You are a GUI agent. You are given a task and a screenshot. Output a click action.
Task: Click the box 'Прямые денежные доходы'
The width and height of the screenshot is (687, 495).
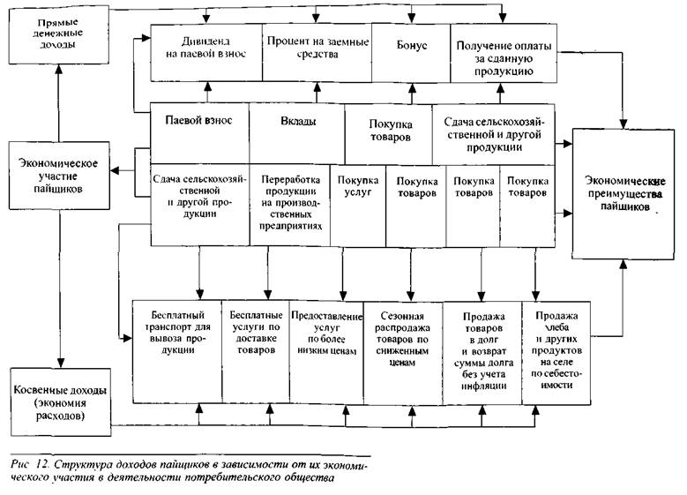(x=59, y=34)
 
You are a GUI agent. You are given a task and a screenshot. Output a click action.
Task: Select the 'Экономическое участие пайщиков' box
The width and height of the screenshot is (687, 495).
(x=59, y=176)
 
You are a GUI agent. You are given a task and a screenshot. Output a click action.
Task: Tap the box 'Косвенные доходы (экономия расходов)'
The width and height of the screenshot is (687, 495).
(x=61, y=402)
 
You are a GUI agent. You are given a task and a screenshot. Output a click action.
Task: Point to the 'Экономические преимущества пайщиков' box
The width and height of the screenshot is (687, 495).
(x=623, y=194)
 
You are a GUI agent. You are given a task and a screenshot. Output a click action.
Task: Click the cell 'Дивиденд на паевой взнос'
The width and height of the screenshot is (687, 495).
(x=206, y=53)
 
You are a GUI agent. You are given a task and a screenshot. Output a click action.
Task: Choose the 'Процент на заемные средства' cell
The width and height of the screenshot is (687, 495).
(x=317, y=53)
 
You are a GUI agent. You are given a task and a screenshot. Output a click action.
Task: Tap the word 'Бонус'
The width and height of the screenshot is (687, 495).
(x=412, y=45)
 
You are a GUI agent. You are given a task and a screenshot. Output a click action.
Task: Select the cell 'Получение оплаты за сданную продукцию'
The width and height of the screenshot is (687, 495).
(x=504, y=53)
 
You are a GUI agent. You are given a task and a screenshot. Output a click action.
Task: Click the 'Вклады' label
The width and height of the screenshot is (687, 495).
(x=298, y=122)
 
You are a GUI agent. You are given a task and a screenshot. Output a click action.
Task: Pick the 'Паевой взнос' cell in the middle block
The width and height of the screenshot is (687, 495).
(x=200, y=133)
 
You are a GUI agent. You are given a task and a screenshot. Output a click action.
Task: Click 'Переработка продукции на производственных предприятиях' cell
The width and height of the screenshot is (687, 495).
(x=290, y=205)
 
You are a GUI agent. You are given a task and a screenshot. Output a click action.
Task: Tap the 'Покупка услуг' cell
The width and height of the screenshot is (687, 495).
(x=358, y=206)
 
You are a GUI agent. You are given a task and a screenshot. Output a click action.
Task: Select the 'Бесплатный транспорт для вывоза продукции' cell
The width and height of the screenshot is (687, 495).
(x=177, y=351)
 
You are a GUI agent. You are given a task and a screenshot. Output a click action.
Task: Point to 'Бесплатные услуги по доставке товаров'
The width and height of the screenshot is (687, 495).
(x=256, y=352)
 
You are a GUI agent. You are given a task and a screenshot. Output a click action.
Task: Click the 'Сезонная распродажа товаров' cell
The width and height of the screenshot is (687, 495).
(x=403, y=353)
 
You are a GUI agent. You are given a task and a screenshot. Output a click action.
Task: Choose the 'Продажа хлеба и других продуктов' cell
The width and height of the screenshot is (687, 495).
(x=556, y=353)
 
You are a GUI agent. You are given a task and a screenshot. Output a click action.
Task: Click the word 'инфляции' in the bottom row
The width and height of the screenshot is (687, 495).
(x=483, y=386)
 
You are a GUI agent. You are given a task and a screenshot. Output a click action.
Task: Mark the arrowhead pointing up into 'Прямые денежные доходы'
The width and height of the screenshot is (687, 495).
(x=59, y=70)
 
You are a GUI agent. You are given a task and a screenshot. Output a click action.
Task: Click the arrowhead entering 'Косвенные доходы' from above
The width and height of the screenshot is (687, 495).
(x=61, y=363)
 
